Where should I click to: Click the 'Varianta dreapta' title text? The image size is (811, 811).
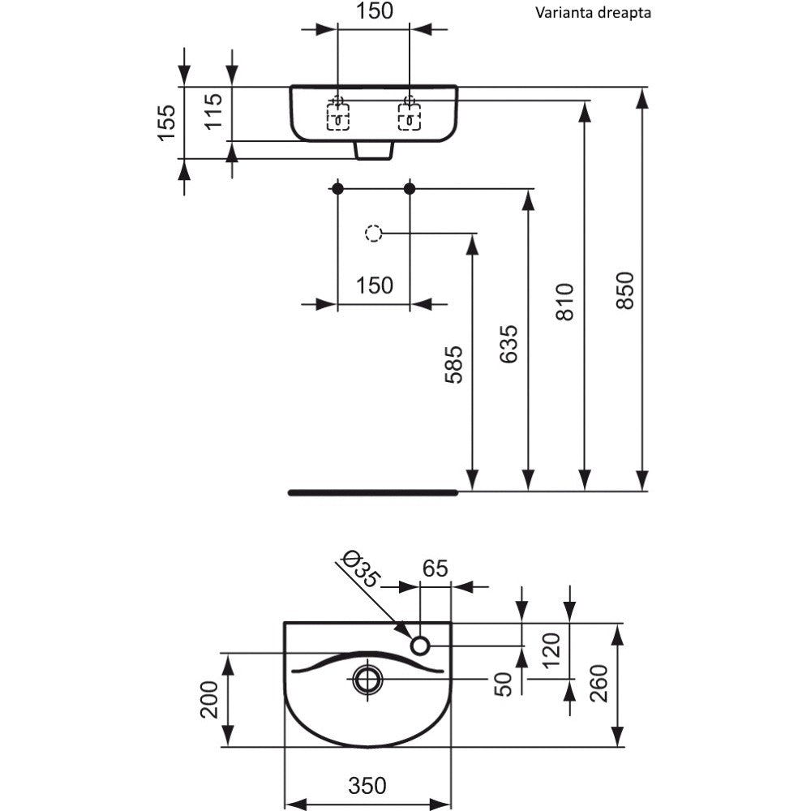(592, 12)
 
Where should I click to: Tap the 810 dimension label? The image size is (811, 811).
(565, 301)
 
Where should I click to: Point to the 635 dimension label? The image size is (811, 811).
(509, 344)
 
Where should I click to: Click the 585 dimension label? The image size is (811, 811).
(453, 364)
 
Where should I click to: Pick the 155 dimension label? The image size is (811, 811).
(167, 122)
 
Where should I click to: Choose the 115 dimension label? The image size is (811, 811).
(212, 112)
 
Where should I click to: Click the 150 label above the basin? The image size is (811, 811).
(373, 11)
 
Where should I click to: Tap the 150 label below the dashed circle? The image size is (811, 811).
(373, 285)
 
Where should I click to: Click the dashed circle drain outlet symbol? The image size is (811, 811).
(373, 234)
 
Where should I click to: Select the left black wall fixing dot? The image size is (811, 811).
(337, 189)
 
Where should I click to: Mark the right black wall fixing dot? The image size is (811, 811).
(410, 189)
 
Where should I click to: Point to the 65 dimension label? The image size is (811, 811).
(435, 569)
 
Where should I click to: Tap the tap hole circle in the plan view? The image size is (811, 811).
(420, 645)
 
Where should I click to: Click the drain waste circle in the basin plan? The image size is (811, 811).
(368, 678)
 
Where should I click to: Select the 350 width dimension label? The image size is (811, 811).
(367, 785)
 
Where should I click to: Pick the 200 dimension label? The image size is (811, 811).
(210, 698)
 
